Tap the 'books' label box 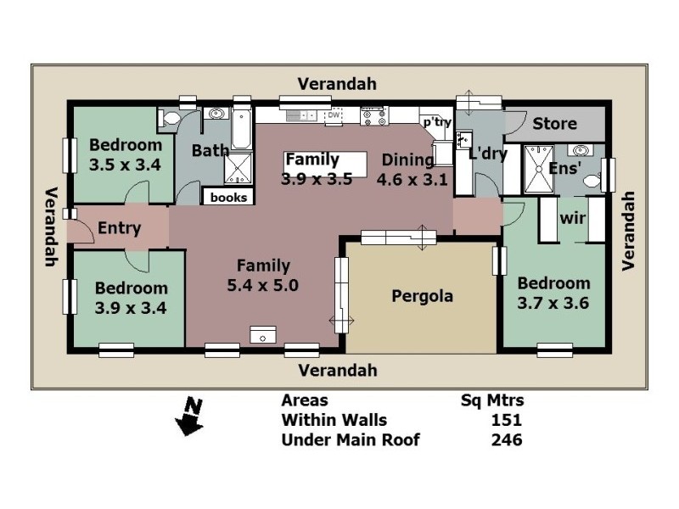click(x=228, y=197)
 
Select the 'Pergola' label click(x=422, y=296)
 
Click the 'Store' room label click(x=554, y=124)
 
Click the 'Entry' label click(x=120, y=227)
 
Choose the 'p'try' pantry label click(x=436, y=122)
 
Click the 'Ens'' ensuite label click(x=564, y=169)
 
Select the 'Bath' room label click(x=210, y=151)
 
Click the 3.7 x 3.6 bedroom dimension click(x=553, y=302)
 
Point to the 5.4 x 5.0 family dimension click(x=263, y=286)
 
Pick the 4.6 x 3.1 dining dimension click(x=411, y=179)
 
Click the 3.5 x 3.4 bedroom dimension click(x=125, y=165)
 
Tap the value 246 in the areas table click(x=506, y=439)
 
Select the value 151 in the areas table click(x=506, y=420)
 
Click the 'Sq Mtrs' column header click(x=491, y=400)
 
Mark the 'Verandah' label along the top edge click(x=337, y=84)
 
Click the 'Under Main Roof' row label click(x=350, y=439)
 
